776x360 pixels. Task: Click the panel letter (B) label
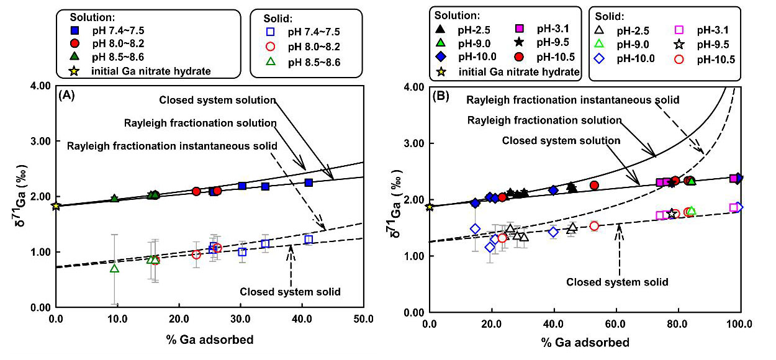click(441, 96)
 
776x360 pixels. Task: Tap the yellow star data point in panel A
click(56, 206)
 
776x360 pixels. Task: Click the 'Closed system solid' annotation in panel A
click(290, 291)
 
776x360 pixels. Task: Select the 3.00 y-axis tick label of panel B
click(415, 143)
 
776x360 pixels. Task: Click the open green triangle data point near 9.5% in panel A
click(114, 268)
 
